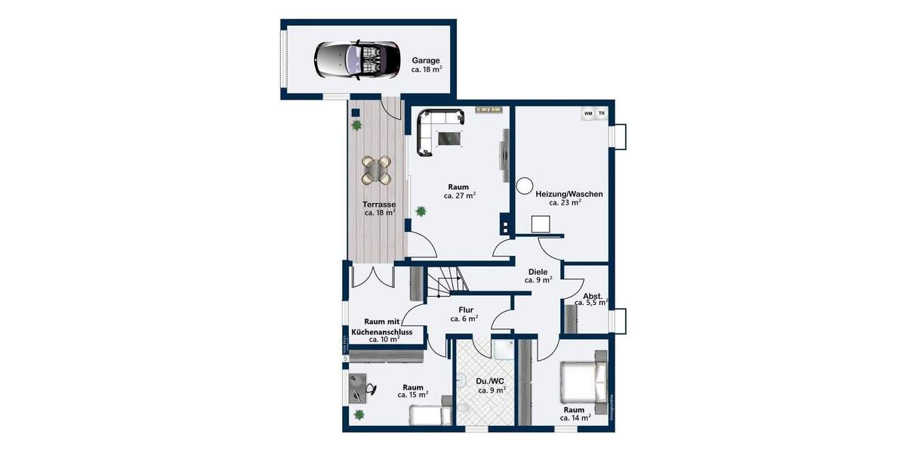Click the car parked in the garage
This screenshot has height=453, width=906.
357,59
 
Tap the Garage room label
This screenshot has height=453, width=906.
425,60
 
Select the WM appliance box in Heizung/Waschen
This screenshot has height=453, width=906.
587,114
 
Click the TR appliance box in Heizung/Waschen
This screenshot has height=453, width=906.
602,114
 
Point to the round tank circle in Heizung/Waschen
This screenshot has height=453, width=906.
524,185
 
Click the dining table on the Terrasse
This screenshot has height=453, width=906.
377,170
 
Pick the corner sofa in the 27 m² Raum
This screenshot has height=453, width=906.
433,128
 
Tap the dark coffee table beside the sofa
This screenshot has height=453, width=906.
450,137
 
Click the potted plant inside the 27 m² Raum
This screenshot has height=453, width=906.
420,211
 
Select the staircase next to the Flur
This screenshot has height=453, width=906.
445,285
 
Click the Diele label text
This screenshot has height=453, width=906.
538,272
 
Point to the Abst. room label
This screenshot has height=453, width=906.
592,295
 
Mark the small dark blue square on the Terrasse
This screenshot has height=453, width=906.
355,113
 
